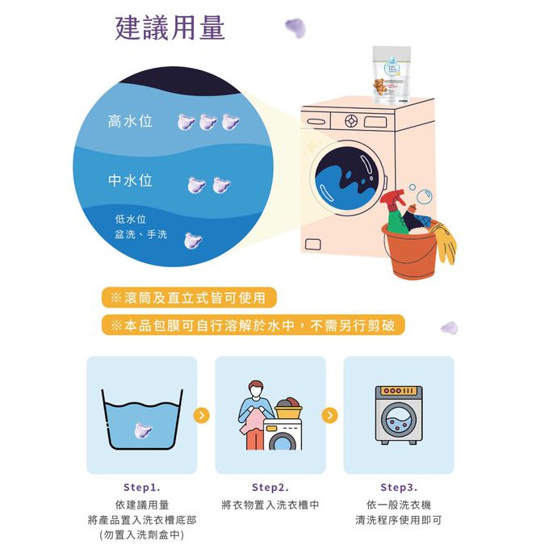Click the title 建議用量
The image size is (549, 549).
pyautogui.click(x=170, y=28)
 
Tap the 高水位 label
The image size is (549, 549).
pyautogui.click(x=130, y=121)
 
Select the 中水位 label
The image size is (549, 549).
pyautogui.click(x=130, y=180)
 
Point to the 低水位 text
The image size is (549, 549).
pyautogui.click(x=130, y=219)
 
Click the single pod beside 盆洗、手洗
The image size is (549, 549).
pyautogui.click(x=193, y=241)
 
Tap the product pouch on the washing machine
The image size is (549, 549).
pyautogui.click(x=392, y=75)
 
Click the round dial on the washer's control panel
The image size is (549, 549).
pyautogui.click(x=351, y=121)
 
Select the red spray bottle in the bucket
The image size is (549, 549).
pyautogui.click(x=395, y=211)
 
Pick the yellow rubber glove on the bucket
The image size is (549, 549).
pyautogui.click(x=444, y=242)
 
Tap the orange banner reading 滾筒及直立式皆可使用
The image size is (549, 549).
pyautogui.click(x=189, y=298)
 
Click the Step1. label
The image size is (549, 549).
pyautogui.click(x=142, y=487)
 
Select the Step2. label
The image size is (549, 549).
pyautogui.click(x=270, y=487)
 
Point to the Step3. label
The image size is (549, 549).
pyautogui.click(x=399, y=487)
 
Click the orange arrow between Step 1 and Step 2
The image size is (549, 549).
pyautogui.click(x=202, y=415)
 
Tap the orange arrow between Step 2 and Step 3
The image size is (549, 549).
pyautogui.click(x=330, y=415)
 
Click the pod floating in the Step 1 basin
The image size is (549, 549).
pyautogui.click(x=143, y=430)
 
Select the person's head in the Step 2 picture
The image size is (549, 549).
pyautogui.click(x=256, y=388)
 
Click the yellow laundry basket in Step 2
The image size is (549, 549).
pyautogui.click(x=289, y=409)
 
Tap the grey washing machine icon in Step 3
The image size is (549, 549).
pyautogui.click(x=399, y=415)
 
